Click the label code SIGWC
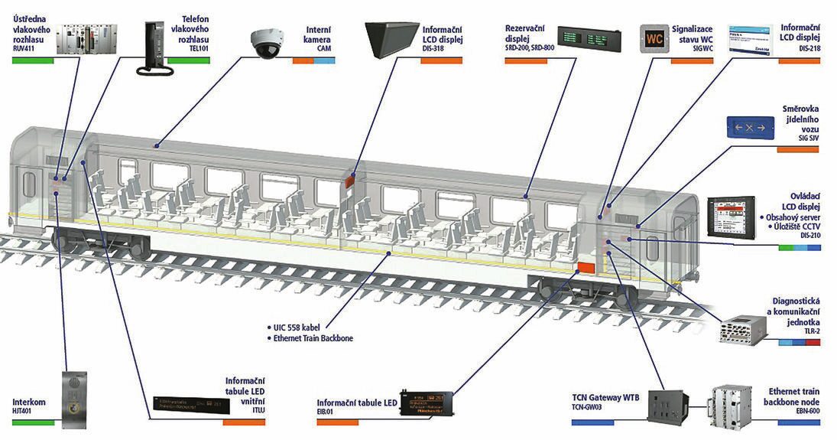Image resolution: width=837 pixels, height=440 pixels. tap(703, 48)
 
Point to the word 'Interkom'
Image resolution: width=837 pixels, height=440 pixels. tap(28, 401)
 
